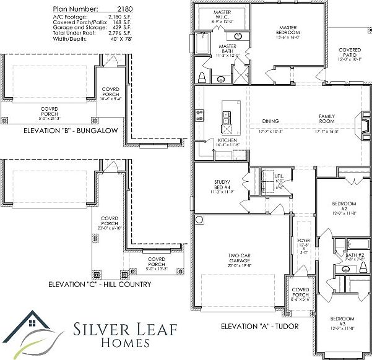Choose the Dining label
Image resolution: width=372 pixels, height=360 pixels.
[x=270, y=121]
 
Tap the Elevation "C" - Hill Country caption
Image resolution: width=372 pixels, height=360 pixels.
[x=100, y=285]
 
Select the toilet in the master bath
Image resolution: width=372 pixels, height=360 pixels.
[x=202, y=77]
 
